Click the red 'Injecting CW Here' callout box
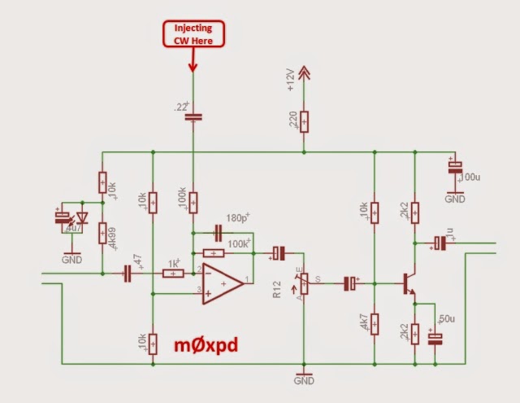tap(193, 34)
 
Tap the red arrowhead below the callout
tap(193, 65)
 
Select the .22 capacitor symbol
tap(193, 116)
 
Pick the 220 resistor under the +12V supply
tap(304, 121)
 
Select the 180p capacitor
tap(217, 230)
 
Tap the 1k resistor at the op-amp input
tap(172, 274)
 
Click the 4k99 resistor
tap(102, 234)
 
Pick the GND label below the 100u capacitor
tap(454, 198)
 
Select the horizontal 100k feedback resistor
tap(214, 253)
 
